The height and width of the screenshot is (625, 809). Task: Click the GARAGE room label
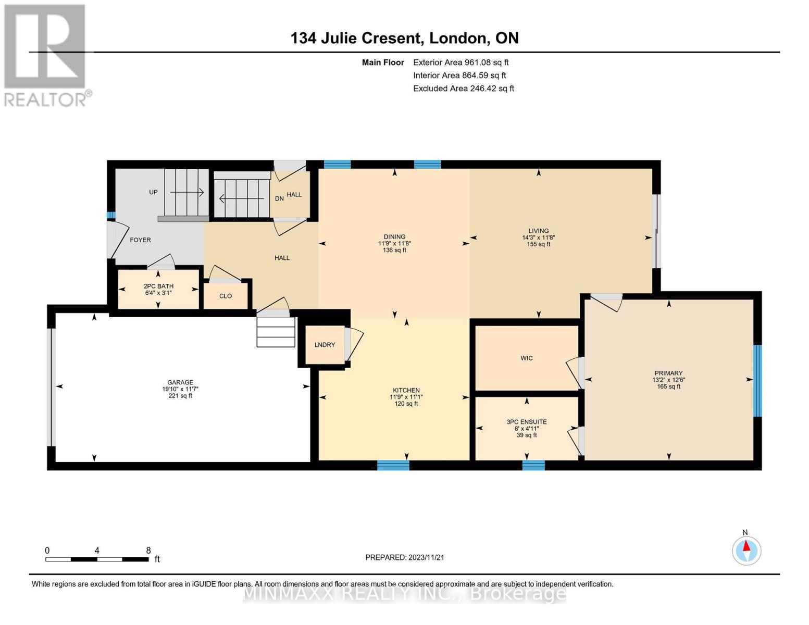tap(180, 382)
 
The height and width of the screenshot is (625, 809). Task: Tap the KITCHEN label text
tap(406, 390)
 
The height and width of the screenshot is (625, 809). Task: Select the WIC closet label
tap(527, 358)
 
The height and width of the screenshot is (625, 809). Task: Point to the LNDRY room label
tap(325, 345)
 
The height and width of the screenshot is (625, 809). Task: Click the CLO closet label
tap(226, 296)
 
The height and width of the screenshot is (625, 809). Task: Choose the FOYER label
tap(140, 240)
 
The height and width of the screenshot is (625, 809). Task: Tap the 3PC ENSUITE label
tap(527, 422)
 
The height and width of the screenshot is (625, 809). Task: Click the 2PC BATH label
tap(158, 286)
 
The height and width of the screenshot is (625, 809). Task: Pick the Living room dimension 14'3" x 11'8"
tap(538, 238)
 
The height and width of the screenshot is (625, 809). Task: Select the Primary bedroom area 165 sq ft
tap(669, 386)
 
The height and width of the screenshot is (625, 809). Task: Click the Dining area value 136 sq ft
tap(395, 250)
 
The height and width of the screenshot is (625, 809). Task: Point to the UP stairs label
tap(153, 192)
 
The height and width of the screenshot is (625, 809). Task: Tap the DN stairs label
tap(279, 198)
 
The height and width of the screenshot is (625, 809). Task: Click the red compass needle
tap(746, 546)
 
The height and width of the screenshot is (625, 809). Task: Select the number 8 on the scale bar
tap(148, 550)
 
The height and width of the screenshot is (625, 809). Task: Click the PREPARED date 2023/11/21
tap(426, 557)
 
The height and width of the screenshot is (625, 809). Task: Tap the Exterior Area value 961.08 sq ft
tap(487, 63)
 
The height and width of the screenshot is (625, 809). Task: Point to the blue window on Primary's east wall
tap(757, 381)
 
